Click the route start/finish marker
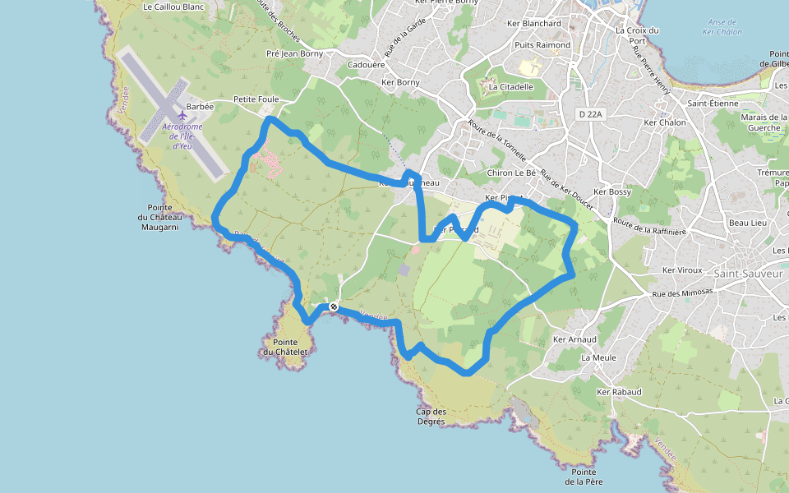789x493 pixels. (x=333, y=307)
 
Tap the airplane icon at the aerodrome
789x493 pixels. (x=182, y=114)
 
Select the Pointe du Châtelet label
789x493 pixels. (x=285, y=347)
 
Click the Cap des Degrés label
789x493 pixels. (x=431, y=417)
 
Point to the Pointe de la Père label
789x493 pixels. (x=585, y=477)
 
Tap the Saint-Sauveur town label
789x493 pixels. (x=749, y=273)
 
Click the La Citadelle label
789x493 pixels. (x=510, y=86)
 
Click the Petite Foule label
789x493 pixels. (x=256, y=99)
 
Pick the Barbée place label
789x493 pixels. (x=200, y=107)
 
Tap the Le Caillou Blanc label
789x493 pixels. (x=173, y=7)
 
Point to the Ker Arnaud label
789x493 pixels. (x=574, y=339)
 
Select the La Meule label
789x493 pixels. (x=598, y=358)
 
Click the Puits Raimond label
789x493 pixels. (x=542, y=45)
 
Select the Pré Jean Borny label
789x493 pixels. (x=295, y=54)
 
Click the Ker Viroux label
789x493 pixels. (x=682, y=270)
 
